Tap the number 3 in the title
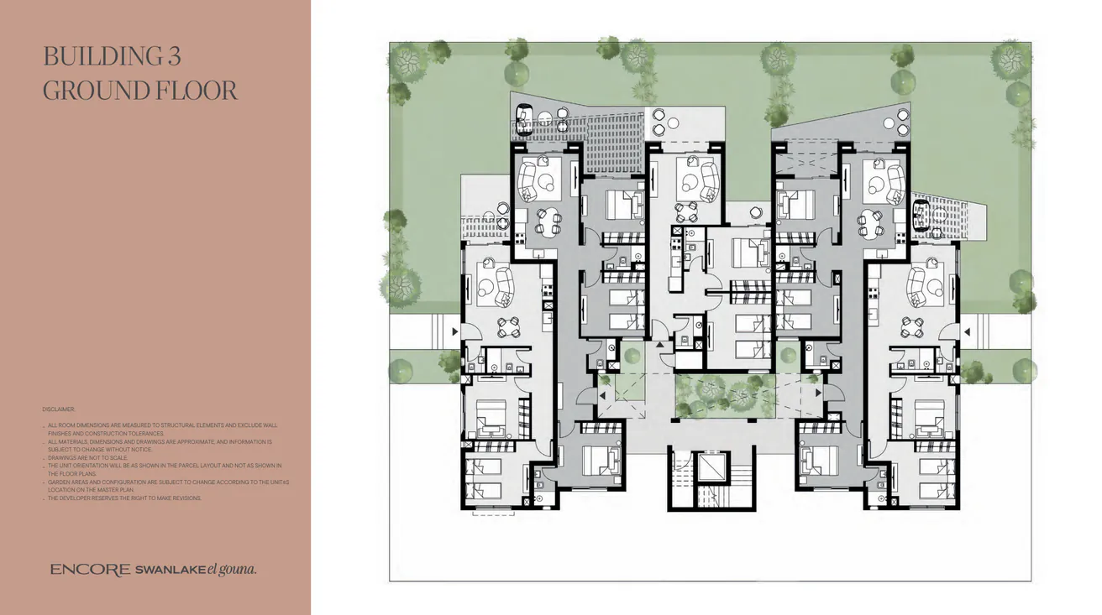[x=173, y=56]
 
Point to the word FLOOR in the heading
[x=194, y=90]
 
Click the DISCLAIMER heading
[x=59, y=409]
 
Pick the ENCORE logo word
[x=90, y=570]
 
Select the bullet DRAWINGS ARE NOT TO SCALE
[x=87, y=457]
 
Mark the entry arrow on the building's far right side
[x=967, y=332]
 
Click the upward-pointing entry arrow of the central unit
[x=659, y=345]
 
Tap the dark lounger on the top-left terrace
[x=524, y=119]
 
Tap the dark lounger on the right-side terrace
[x=922, y=215]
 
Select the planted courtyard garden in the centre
[x=725, y=397]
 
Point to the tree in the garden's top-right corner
[x=1010, y=60]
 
